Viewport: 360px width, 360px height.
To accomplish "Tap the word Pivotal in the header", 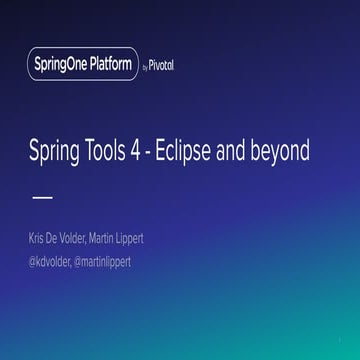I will tap(168, 66).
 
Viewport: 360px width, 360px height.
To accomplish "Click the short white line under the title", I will tap(43, 197).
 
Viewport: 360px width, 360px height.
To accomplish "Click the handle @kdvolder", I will tap(55, 261).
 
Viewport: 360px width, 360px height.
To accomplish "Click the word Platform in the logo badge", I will tap(110, 65).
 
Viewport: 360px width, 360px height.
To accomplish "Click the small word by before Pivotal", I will tap(146, 67).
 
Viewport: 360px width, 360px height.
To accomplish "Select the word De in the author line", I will tap(63, 239).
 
